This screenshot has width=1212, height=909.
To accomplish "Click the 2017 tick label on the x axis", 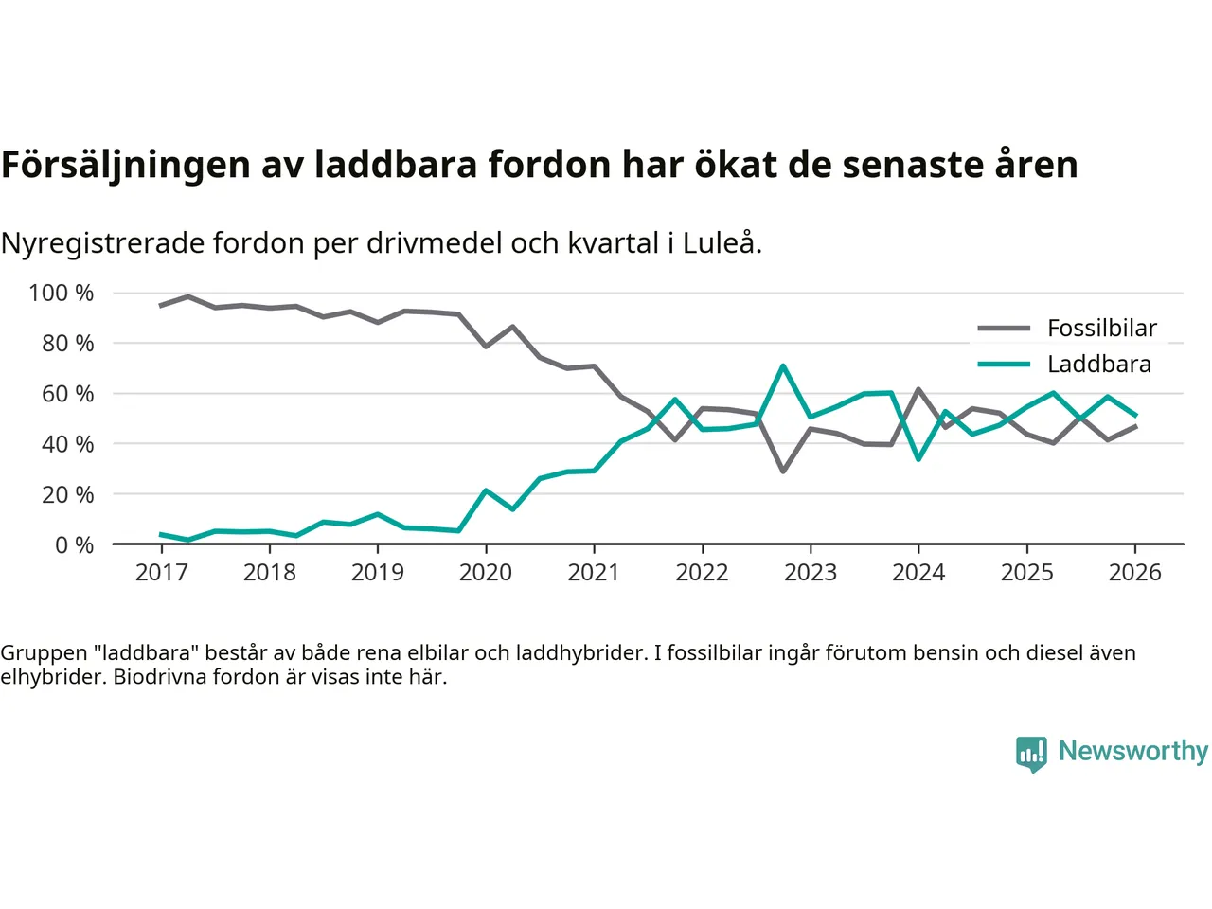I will click(161, 573).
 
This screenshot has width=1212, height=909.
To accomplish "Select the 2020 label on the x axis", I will click(486, 573).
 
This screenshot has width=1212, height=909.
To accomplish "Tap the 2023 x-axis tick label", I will click(811, 573).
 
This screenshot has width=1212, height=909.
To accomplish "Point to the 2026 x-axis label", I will click(1134, 573).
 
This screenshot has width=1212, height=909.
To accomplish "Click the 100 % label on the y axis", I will click(62, 294).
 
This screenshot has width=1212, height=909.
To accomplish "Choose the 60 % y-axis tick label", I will click(67, 394).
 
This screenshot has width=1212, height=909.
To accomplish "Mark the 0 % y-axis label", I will click(74, 545).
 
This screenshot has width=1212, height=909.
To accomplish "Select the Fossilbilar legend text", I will click(1101, 329).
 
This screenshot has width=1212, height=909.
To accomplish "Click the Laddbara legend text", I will click(1098, 365).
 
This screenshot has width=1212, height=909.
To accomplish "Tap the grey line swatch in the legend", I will click(1004, 329).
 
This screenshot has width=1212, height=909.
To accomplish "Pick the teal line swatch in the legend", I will click(1004, 365).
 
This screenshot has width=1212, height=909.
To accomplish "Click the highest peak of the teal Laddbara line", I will click(783, 365).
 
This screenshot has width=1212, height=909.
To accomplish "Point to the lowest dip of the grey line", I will click(783, 471).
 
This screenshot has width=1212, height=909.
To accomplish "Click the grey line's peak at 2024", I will click(918, 389).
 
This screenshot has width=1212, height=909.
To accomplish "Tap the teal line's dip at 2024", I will click(918, 459).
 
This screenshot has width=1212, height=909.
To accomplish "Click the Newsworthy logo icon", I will click(1031, 754).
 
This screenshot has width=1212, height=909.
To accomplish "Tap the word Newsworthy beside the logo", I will click(1132, 751).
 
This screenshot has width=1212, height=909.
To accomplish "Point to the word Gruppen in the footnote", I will click(44, 653).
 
